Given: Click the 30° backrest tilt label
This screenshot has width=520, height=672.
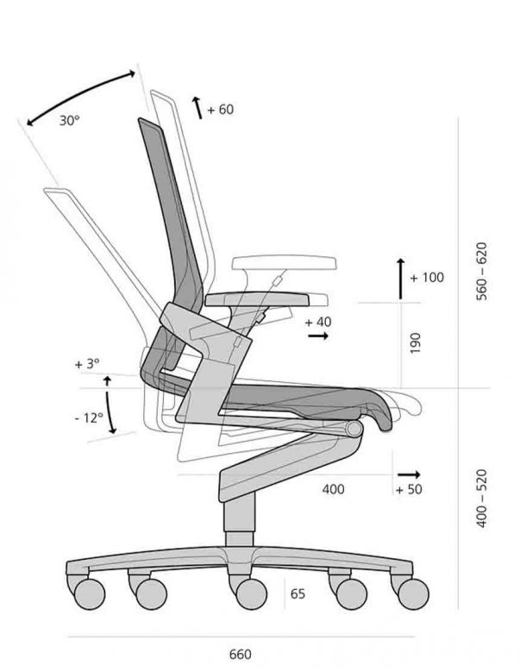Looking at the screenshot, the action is click(69, 121).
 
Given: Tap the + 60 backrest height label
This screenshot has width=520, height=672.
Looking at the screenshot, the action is click(221, 110).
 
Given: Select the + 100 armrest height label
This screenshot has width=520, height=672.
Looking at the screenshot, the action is click(427, 278).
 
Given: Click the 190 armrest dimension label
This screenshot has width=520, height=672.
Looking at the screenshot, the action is click(416, 342).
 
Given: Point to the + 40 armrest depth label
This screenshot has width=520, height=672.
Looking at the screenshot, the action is click(318, 322).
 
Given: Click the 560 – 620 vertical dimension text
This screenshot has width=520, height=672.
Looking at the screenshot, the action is click(482, 272).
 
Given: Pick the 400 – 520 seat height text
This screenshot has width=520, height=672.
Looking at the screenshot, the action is click(482, 499).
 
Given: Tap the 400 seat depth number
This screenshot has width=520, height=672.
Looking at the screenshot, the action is click(333, 489).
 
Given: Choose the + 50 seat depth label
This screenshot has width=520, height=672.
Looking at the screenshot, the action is click(409, 489).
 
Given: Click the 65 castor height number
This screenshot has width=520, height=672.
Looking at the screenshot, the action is click(298, 594).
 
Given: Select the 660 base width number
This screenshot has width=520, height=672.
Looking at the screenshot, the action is click(241, 655).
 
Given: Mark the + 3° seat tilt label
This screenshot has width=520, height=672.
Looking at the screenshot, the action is click(87, 364).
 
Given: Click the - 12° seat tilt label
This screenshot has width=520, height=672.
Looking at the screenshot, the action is click(89, 418).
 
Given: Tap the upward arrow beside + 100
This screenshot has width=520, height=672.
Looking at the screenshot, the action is click(400, 279).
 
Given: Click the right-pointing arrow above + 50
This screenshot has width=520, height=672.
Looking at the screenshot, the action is click(409, 474).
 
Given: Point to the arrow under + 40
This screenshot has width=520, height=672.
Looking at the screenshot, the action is click(318, 336).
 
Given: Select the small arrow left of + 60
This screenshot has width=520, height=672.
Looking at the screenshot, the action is click(197, 108).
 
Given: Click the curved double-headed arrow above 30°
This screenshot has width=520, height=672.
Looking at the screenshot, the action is click(81, 98).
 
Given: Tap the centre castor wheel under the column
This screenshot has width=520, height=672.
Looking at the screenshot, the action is click(251, 593).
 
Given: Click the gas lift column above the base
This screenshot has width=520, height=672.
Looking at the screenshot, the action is click(240, 519).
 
